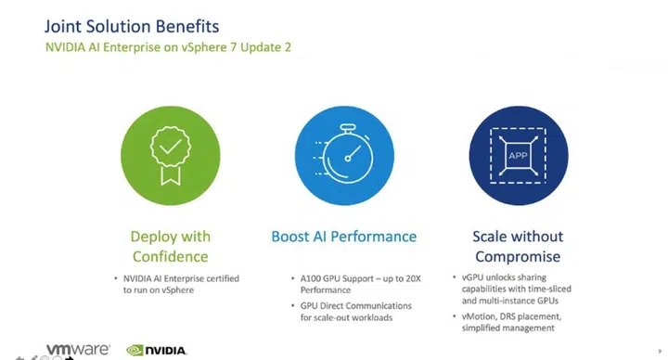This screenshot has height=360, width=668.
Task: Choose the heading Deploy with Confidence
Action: pos(169,246)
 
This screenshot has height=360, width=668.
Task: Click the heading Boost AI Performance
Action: pos(343,237)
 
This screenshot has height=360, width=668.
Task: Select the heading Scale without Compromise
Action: pos(518,246)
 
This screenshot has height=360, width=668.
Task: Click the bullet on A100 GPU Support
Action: pos(353,283)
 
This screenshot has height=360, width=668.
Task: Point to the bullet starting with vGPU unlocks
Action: pos(520,289)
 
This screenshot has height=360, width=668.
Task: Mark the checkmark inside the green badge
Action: pos(169,147)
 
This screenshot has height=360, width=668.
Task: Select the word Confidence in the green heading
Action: pos(169,256)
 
